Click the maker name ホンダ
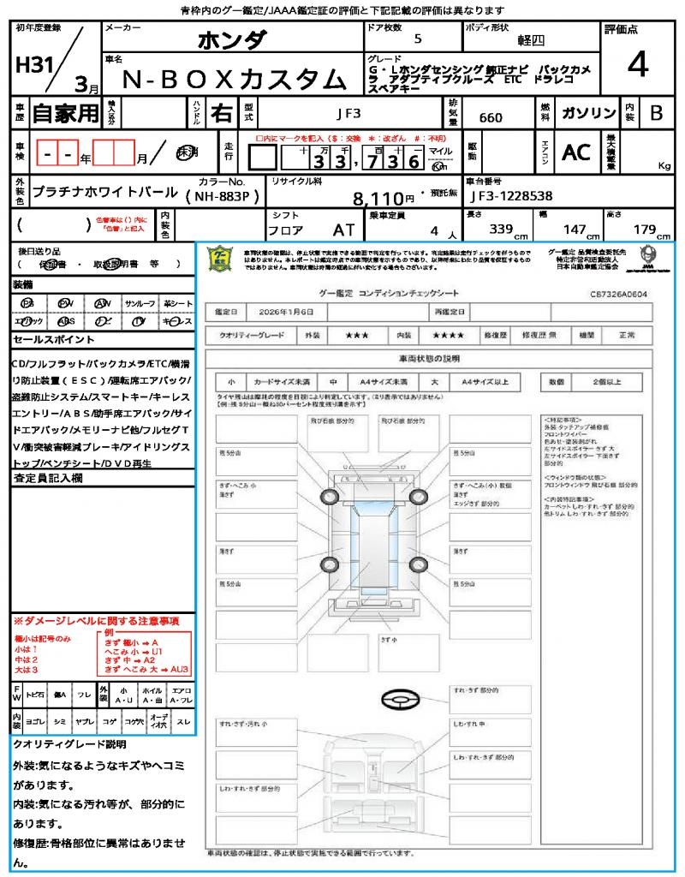[232, 39]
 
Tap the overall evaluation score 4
[636, 65]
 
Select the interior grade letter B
[656, 113]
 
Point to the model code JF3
[348, 113]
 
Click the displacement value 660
[491, 117]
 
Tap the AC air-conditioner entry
[576, 152]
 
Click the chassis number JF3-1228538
[511, 196]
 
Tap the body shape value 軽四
[532, 39]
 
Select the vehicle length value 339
[499, 230]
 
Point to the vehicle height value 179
[642, 230]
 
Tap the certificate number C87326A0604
[618, 294]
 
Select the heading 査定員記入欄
[49, 480]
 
